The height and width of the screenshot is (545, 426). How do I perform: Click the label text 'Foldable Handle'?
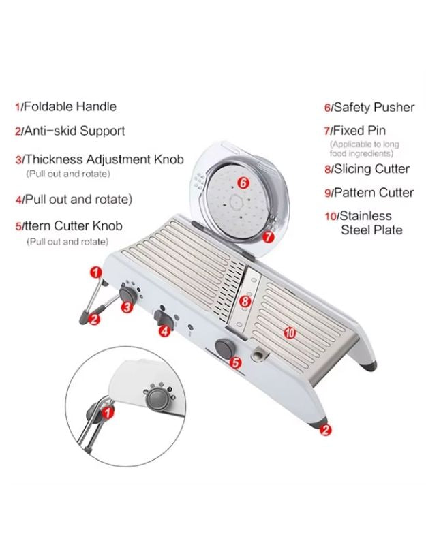[x=70, y=106]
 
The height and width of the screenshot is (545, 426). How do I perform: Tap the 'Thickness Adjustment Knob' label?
[x=104, y=159]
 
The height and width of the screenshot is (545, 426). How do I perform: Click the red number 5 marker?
[x=235, y=363]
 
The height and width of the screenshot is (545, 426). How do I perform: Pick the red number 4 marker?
[x=164, y=331]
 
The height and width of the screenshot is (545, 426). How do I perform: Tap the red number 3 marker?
[x=127, y=307]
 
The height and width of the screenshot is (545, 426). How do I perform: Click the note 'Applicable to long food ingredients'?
[x=364, y=149]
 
